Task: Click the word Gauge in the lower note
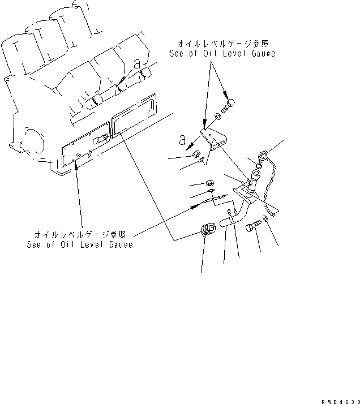[x=119, y=244]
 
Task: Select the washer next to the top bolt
[x=219, y=118]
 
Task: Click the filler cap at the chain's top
[x=261, y=154]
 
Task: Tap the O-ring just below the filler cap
[x=256, y=166]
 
